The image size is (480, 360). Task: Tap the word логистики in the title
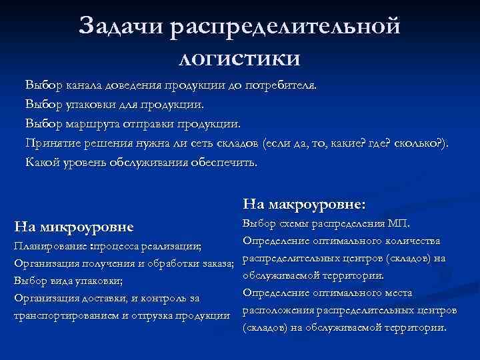240,57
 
